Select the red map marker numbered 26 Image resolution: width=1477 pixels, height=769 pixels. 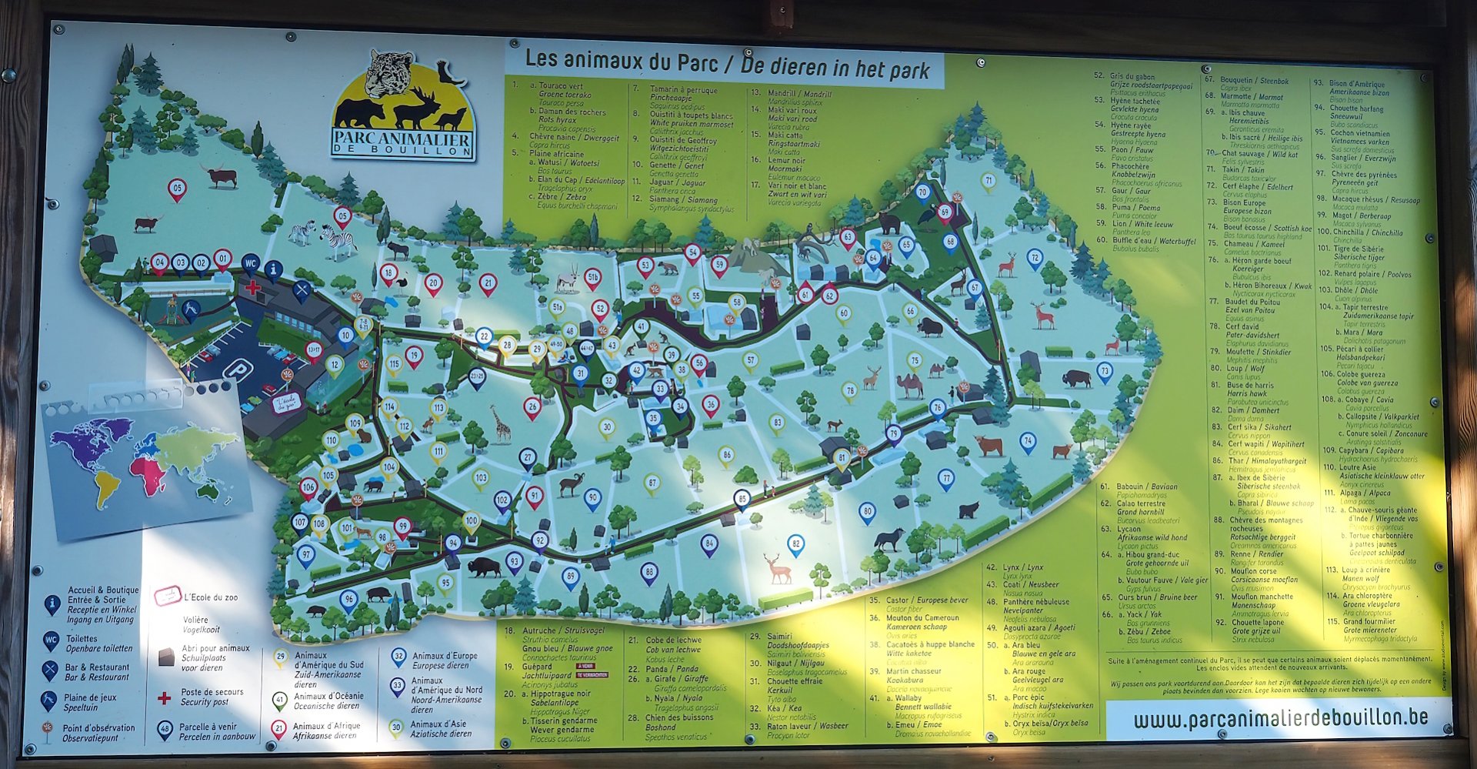tap(532, 406)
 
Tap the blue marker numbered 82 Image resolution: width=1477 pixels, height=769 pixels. tap(795, 544)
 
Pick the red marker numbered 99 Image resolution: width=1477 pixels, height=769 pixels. tap(402, 527)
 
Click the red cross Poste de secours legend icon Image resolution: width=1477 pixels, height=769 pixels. tap(164, 698)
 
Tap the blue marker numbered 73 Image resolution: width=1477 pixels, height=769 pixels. tap(1105, 371)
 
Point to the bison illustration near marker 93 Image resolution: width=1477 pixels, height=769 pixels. tap(483, 567)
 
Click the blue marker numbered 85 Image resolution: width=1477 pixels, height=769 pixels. tap(742, 499)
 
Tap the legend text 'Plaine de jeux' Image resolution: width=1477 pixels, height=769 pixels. tap(90, 697)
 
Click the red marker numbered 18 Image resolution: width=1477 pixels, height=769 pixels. tap(389, 272)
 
